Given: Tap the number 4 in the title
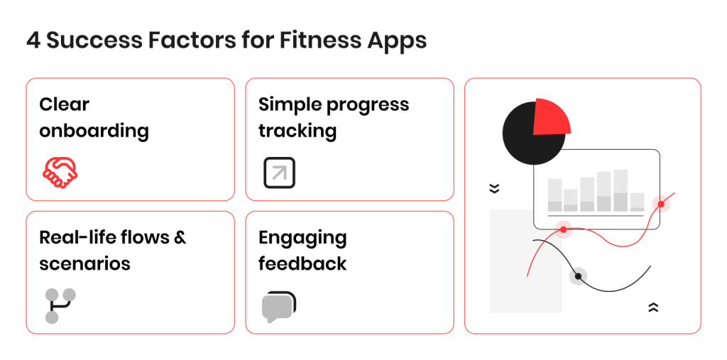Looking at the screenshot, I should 33,40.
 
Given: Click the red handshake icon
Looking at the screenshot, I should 60,173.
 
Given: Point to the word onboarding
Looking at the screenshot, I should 94,131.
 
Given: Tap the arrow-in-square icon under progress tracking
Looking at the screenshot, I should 279,173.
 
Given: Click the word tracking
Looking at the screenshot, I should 297,131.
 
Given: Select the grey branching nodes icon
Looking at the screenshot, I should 60,305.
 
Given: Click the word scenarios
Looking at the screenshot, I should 84,264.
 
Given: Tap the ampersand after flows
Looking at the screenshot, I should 180,237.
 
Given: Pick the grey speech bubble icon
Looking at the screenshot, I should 278,307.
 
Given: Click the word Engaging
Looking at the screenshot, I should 302,238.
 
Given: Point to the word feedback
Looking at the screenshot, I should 302,264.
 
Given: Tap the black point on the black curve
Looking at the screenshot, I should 579,276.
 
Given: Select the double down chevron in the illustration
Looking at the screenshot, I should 494,189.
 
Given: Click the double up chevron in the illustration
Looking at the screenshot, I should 653,307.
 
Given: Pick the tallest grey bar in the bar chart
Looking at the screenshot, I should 621,190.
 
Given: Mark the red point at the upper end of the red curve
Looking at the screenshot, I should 661,204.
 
